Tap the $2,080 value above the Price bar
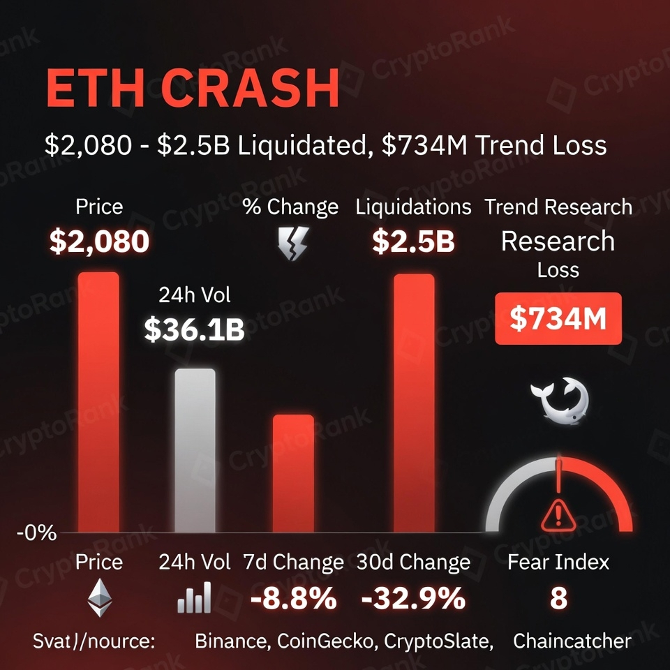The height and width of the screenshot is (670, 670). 98,241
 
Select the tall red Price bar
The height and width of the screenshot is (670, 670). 98,401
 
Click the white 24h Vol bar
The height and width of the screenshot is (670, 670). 195,450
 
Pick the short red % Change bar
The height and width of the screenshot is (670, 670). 293,473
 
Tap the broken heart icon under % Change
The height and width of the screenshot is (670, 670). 290,245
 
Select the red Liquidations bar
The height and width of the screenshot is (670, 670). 414,403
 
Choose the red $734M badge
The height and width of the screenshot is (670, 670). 558,318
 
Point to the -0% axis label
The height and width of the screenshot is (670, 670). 36,534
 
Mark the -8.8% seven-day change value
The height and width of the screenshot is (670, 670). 293,599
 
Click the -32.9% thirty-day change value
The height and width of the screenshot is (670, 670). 413,599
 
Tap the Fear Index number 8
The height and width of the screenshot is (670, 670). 558,599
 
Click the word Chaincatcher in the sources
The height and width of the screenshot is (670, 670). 572,641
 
